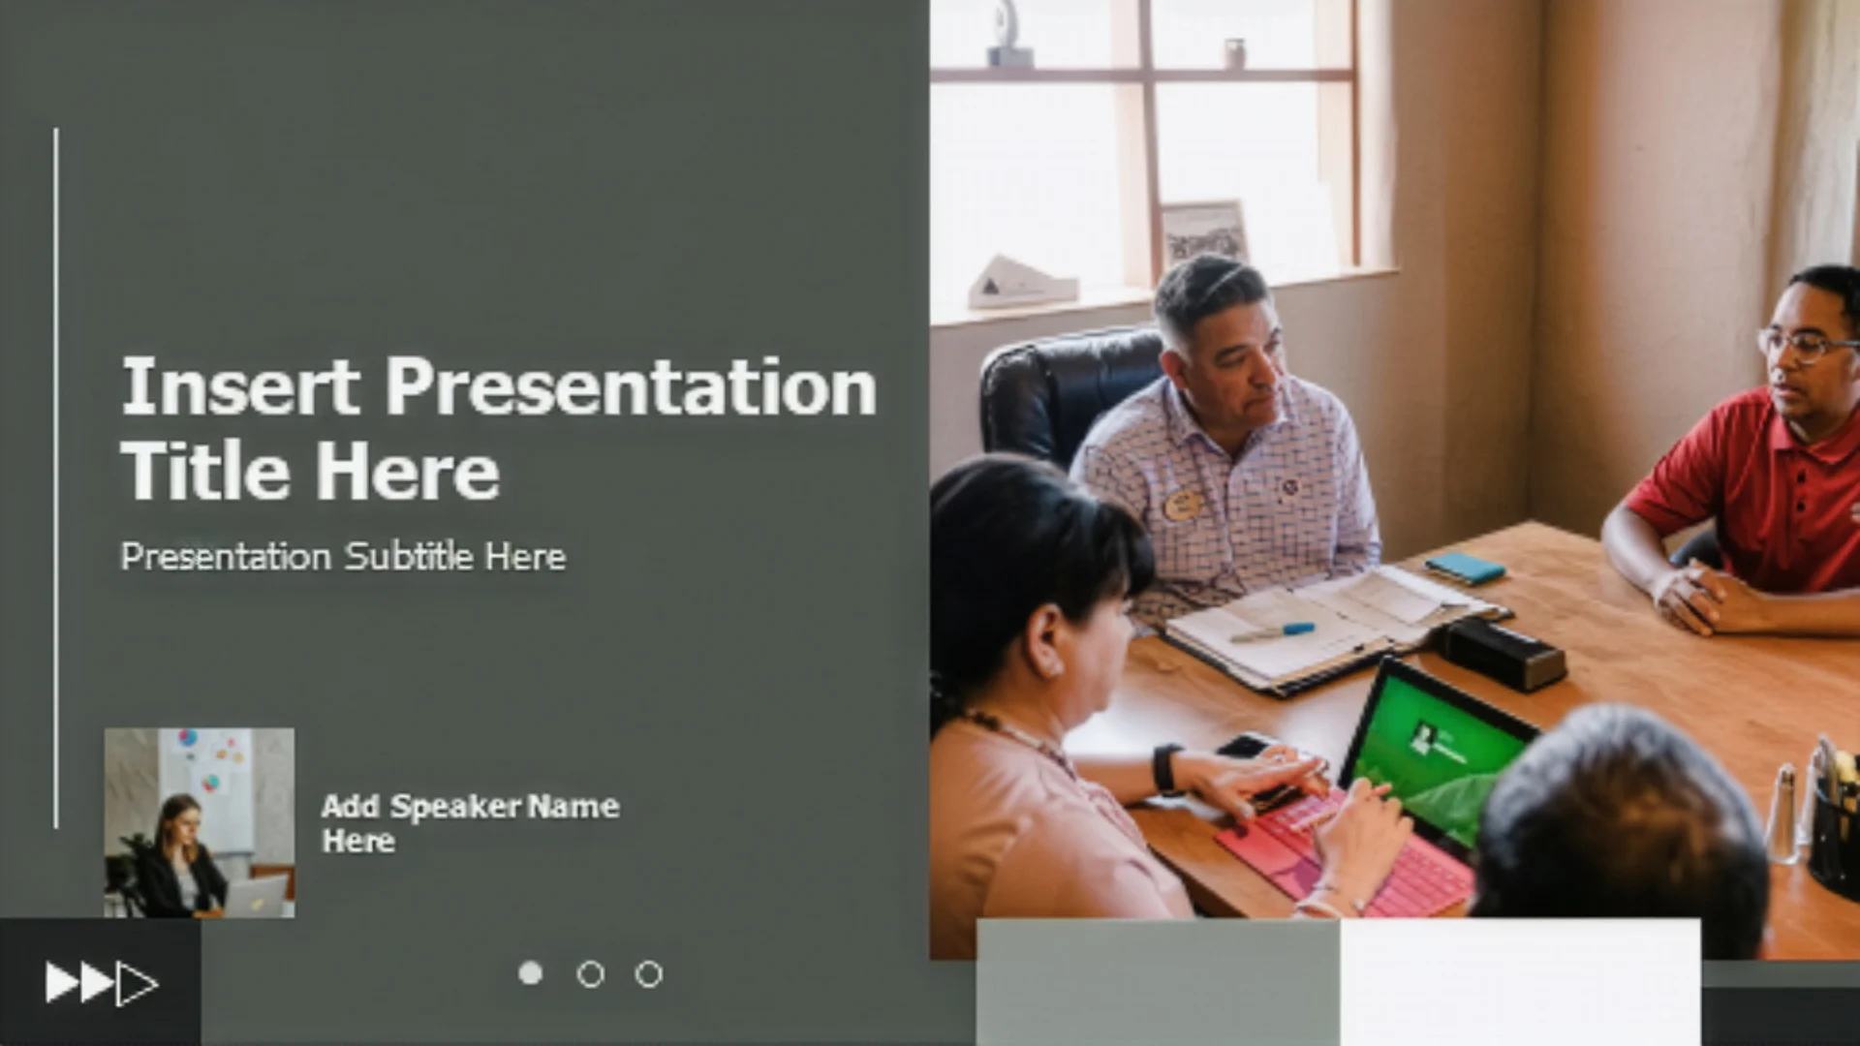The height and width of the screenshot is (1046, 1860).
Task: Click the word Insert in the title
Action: [240, 386]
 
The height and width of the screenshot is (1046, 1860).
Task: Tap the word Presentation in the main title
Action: [632, 386]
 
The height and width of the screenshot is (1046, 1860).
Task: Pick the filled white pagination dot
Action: [531, 972]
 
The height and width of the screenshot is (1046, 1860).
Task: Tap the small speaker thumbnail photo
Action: [200, 822]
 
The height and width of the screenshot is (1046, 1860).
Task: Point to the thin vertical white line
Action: [56, 478]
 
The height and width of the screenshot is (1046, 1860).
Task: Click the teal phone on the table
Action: [1465, 568]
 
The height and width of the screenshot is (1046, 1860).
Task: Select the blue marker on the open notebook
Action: [1272, 632]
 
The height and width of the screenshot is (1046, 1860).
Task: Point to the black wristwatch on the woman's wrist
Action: [1167, 769]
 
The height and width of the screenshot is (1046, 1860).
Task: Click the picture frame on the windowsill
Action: [1205, 233]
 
